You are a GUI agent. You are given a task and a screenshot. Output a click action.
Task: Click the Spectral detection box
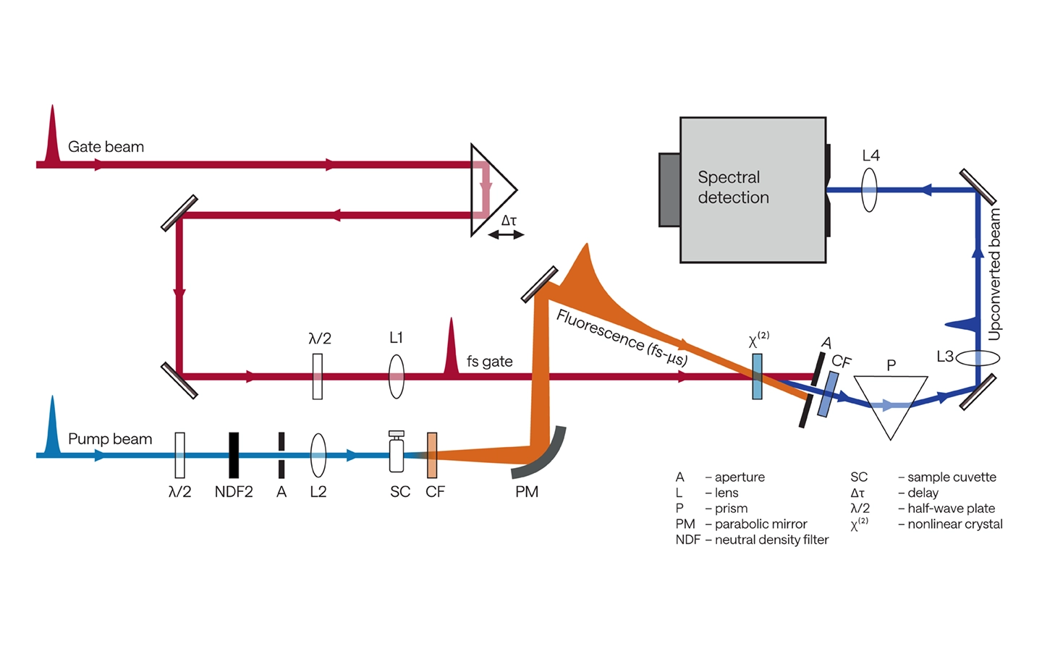(753, 190)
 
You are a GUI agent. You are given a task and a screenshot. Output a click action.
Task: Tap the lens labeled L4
(869, 190)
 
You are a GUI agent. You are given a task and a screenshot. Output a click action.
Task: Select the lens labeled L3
(978, 358)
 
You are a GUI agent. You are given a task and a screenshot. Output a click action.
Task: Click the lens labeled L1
(397, 377)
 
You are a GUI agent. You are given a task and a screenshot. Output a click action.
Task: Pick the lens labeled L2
(318, 455)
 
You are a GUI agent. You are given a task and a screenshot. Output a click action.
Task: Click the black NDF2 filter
(234, 455)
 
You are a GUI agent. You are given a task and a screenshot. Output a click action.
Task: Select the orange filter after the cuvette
(432, 455)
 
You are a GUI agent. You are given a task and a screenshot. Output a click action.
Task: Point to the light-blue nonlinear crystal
(757, 377)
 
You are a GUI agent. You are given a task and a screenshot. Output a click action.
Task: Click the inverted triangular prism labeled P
(890, 406)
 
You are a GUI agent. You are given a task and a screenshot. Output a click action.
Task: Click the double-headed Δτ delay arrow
(506, 235)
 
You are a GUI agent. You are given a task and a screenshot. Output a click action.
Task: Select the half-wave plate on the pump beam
(179, 455)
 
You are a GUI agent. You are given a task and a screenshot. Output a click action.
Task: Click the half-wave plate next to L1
(317, 377)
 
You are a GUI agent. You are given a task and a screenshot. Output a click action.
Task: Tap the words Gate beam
(106, 147)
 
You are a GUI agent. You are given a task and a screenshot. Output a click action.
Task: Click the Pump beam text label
(110, 439)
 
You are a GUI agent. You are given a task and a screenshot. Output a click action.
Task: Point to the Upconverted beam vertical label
(994, 274)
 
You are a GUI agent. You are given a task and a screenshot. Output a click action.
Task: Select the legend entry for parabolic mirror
(741, 524)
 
